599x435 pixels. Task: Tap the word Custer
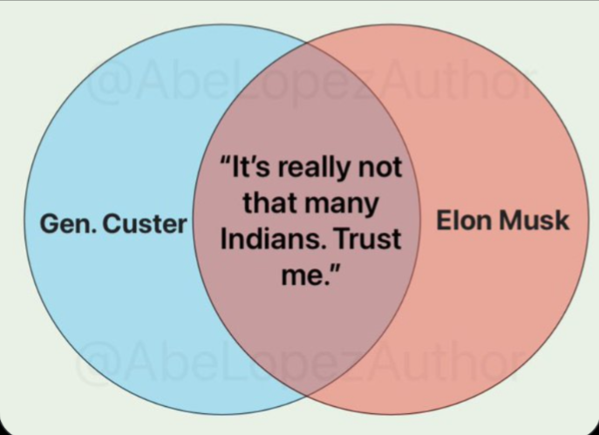(x=145, y=223)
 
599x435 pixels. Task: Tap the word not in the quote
(x=380, y=168)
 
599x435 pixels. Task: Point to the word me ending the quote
(x=303, y=275)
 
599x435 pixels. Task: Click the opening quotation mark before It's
(x=225, y=161)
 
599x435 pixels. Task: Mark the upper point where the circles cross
(x=306, y=44)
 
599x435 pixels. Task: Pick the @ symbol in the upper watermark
(x=106, y=84)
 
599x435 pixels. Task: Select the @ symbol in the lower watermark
(x=96, y=360)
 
